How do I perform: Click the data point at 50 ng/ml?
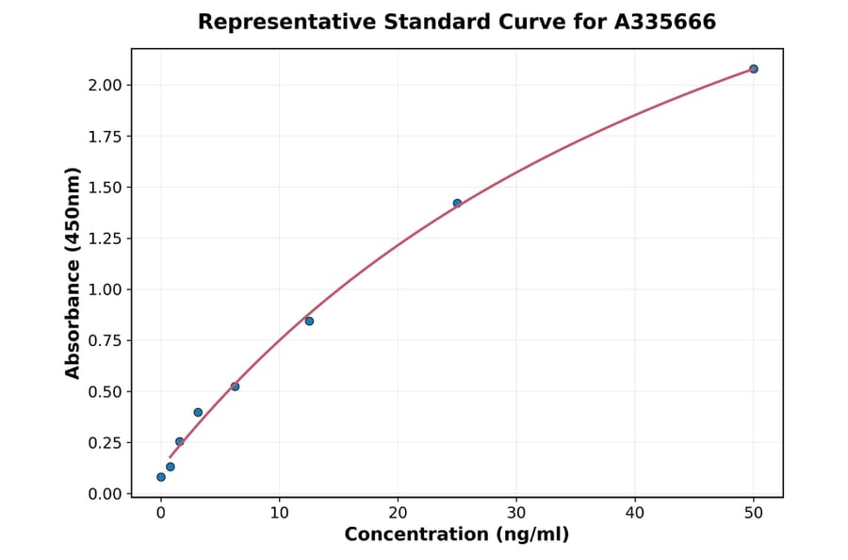[x=754, y=69]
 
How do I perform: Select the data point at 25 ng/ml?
[x=457, y=203]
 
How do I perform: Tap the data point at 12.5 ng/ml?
[x=309, y=321]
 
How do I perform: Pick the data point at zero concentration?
[x=161, y=477]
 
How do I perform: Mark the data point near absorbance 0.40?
[x=198, y=412]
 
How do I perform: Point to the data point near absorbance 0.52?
[x=235, y=387]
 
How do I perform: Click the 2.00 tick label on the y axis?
[x=106, y=86]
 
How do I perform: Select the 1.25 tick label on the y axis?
[x=106, y=239]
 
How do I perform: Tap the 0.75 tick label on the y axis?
[x=106, y=341]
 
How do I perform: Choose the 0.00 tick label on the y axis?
[x=106, y=494]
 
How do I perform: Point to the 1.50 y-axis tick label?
[x=106, y=188]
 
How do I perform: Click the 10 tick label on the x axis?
[x=279, y=513]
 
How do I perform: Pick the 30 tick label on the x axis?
[x=516, y=513]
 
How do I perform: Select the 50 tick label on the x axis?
[x=754, y=513]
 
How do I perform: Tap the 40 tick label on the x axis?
[x=635, y=513]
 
